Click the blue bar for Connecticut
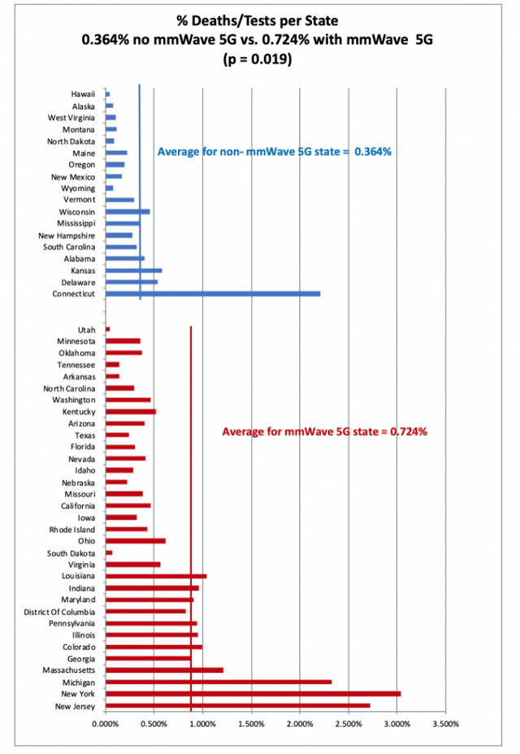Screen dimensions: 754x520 click(213, 293)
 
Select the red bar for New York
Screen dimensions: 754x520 click(253, 694)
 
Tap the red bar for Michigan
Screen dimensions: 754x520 click(219, 682)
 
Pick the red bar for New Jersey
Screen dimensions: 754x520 click(237, 705)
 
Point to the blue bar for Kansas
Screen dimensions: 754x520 click(134, 270)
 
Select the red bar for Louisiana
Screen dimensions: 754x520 click(156, 576)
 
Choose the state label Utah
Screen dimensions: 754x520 click(86, 329)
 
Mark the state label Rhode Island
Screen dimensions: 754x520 click(72, 529)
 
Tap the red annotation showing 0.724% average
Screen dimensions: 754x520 click(325, 431)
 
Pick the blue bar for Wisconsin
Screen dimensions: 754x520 click(128, 211)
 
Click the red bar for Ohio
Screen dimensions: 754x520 click(136, 541)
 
